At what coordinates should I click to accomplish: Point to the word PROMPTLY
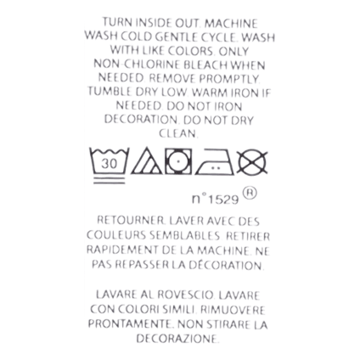pyautogui.click(x=229, y=78)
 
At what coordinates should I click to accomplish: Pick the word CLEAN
pyautogui.click(x=177, y=133)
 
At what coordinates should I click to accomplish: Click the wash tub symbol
pyautogui.click(x=110, y=166)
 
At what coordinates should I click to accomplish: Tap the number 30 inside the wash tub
pyautogui.click(x=110, y=164)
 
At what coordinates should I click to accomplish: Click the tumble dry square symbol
pyautogui.click(x=178, y=161)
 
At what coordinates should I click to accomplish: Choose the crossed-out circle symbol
pyautogui.click(x=252, y=162)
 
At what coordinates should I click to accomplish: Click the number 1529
pyautogui.click(x=223, y=200)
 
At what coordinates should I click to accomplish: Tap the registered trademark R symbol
pyautogui.click(x=250, y=194)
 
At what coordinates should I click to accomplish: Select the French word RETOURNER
pyautogui.click(x=131, y=221)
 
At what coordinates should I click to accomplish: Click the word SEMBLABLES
pyautogui.click(x=184, y=235)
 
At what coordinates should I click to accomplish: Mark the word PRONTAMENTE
pyautogui.click(x=130, y=324)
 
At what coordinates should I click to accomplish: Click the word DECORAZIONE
pyautogui.click(x=177, y=339)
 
